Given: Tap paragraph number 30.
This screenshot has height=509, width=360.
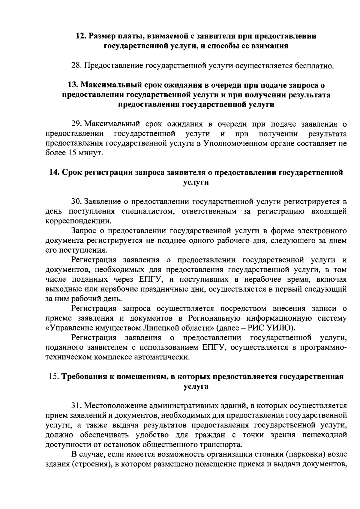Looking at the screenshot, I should click(76, 202).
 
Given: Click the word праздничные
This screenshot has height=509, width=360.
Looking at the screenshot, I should click(174, 289).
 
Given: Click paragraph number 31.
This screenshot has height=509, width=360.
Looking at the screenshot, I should click(76, 406).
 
